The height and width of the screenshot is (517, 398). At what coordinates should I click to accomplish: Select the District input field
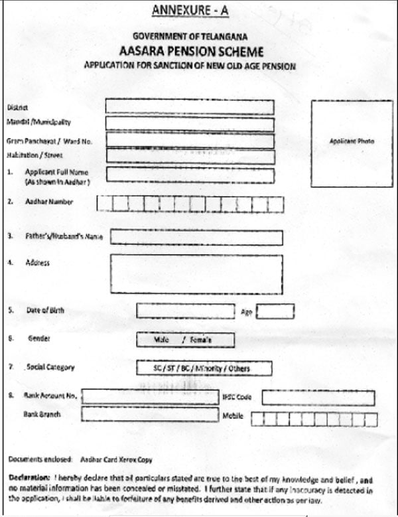click(189, 107)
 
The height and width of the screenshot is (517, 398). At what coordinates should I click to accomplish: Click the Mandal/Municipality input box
click(189, 123)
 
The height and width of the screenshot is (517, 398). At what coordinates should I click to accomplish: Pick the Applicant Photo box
click(352, 142)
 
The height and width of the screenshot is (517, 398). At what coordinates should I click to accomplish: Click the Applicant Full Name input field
click(189, 175)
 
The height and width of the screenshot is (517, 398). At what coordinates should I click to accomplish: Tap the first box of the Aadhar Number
click(104, 204)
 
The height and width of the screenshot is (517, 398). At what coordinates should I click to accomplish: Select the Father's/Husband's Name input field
click(196, 238)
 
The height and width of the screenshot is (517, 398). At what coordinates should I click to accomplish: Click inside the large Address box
click(196, 273)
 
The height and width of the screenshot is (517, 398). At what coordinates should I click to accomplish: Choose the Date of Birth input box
click(185, 311)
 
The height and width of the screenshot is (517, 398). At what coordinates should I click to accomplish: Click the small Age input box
click(275, 311)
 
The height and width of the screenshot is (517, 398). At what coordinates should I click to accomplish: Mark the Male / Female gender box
click(185, 340)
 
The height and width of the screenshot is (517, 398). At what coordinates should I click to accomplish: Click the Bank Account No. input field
click(150, 397)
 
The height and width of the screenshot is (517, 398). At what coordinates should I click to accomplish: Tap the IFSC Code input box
click(318, 397)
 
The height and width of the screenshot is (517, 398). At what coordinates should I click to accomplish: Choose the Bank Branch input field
click(150, 415)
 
